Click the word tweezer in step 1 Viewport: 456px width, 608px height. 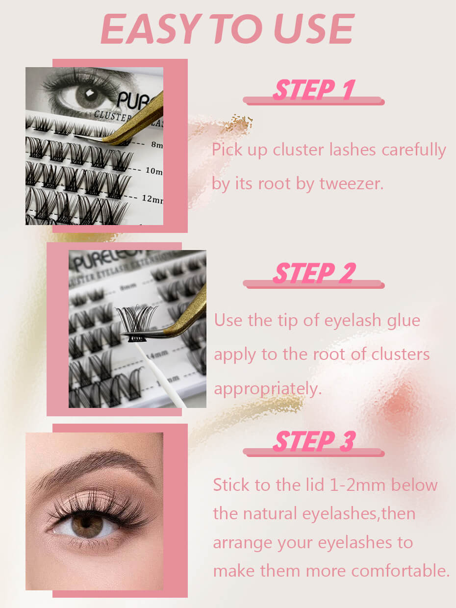pos(352,184)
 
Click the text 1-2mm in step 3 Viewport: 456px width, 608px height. pos(358,485)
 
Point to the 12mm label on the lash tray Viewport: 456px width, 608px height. pos(153,199)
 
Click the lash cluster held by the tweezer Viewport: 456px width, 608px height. pos(136,323)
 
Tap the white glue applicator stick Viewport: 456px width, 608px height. pos(161,375)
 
